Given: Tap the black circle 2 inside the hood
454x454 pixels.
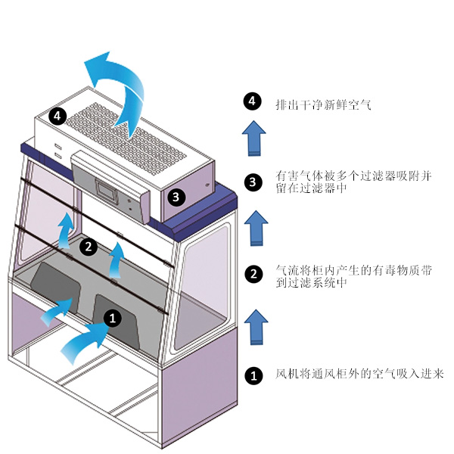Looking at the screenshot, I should [x=89, y=245].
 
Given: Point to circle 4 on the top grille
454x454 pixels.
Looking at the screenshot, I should [x=58, y=116].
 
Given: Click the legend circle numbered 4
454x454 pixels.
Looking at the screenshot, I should [x=253, y=102].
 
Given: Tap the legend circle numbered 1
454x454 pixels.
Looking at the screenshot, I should [x=253, y=374].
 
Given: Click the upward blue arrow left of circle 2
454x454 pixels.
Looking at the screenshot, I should [x=67, y=229].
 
